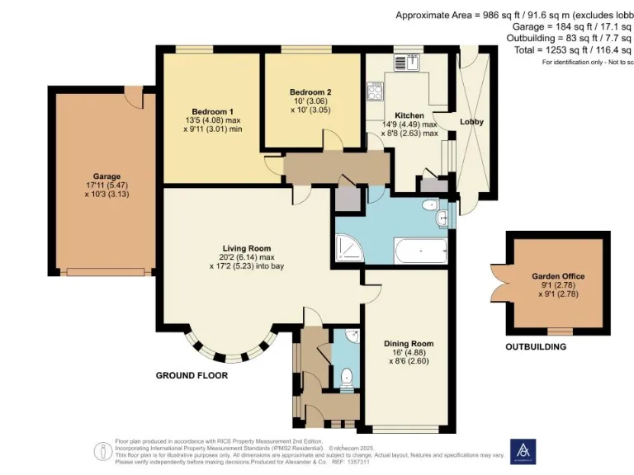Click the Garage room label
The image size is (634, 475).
click(x=106, y=176)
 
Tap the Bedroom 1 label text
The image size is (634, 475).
click(x=212, y=111)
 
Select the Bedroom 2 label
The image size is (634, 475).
click(x=311, y=92)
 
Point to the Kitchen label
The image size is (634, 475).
click(x=409, y=115)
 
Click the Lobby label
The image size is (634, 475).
click(x=471, y=122)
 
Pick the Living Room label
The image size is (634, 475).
click(x=246, y=247)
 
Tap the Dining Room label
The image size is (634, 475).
click(x=409, y=343)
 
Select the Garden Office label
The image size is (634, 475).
click(x=559, y=277)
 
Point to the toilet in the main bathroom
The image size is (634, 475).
click(x=430, y=205)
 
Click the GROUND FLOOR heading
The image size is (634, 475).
click(x=192, y=375)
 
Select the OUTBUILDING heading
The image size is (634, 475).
click(x=536, y=347)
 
